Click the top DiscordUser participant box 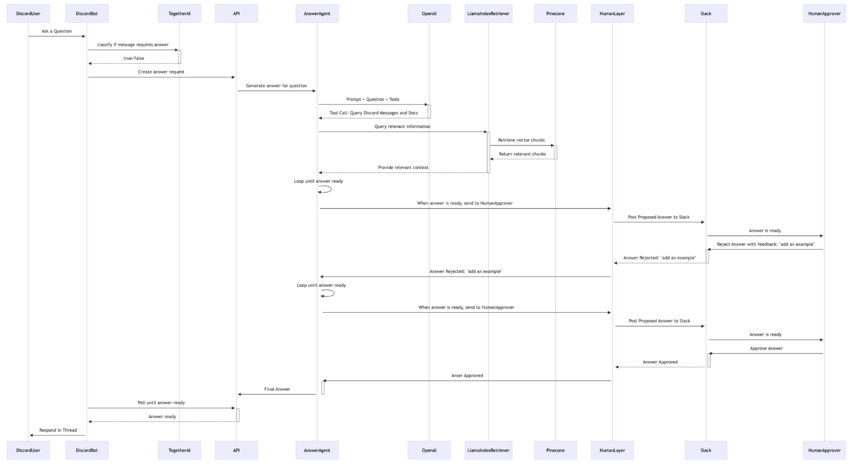(x=28, y=14)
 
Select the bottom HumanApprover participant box (x=824, y=450)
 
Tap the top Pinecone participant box (x=555, y=14)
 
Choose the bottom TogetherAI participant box (x=179, y=450)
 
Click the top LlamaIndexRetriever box (x=488, y=14)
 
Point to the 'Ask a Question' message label (x=56, y=31)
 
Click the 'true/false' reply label (x=134, y=58)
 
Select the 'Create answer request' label (x=161, y=72)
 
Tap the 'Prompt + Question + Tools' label (x=373, y=99)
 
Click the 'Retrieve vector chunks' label (x=521, y=140)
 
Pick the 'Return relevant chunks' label (x=522, y=154)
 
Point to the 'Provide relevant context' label (x=403, y=168)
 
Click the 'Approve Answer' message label (x=766, y=348)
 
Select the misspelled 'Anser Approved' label (x=467, y=376)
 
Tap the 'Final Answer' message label (x=277, y=389)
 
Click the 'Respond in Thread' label (x=58, y=430)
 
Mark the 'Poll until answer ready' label (x=161, y=403)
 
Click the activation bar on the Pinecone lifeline (x=556, y=152)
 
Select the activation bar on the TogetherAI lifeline (x=179, y=57)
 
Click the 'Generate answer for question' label (x=276, y=86)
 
